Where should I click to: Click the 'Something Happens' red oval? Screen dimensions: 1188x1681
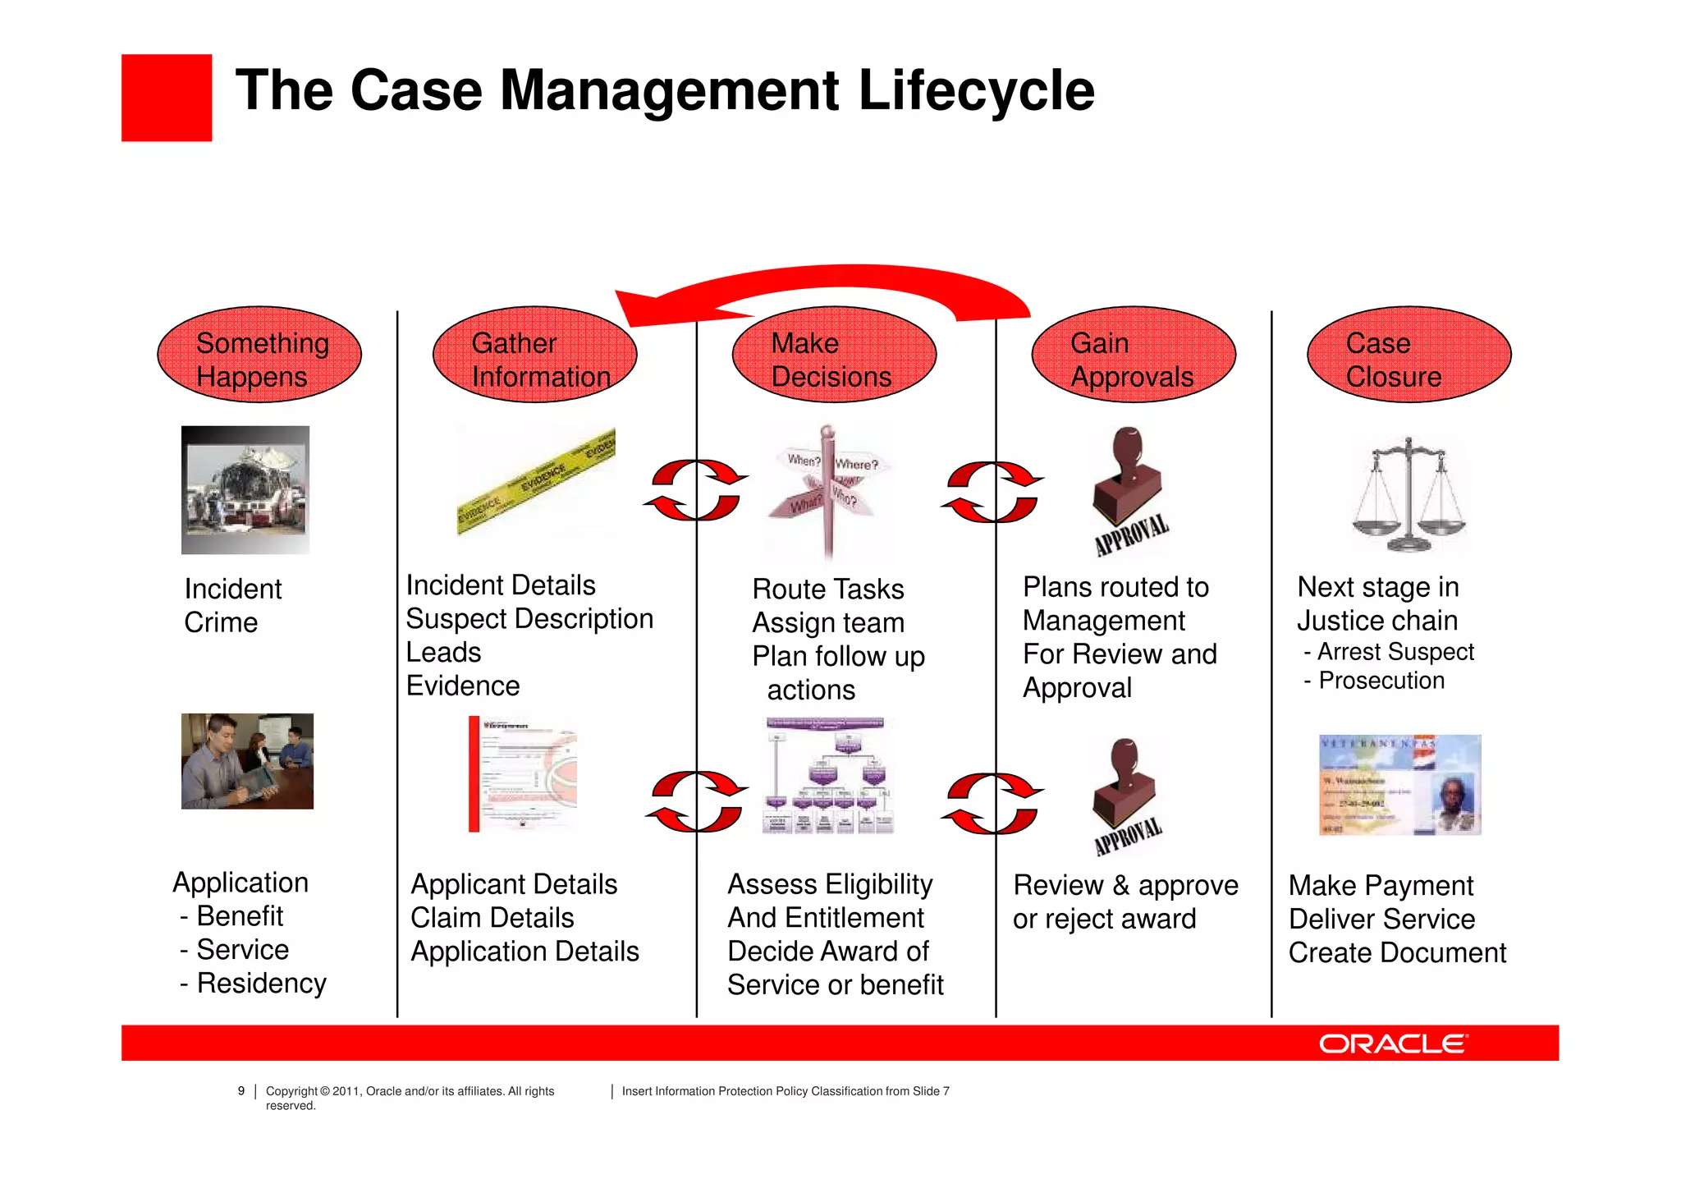[x=259, y=355]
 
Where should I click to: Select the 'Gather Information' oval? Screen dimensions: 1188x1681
[x=534, y=355]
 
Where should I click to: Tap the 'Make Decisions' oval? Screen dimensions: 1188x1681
[x=834, y=355]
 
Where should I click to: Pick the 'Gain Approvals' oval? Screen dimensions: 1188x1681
[x=1134, y=355]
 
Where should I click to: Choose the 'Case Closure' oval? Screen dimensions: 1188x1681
[x=1408, y=355]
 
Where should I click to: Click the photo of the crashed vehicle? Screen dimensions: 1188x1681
[x=245, y=489]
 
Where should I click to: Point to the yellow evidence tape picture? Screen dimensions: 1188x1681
[x=536, y=481]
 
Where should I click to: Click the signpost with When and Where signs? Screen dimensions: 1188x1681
[x=827, y=489]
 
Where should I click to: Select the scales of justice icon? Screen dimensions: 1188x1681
[x=1408, y=494]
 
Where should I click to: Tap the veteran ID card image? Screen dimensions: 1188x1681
[x=1399, y=785]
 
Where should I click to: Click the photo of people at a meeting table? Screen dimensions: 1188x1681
[x=247, y=761]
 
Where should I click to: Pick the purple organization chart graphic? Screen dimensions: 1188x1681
[x=827, y=776]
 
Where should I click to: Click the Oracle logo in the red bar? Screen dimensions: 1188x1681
[x=1393, y=1044]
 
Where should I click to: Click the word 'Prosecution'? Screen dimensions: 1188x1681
[x=1381, y=681]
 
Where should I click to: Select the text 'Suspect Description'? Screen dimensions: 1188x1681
[x=529, y=618]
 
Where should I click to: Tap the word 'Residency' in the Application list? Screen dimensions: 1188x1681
[x=261, y=983]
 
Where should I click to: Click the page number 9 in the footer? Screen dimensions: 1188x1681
[x=241, y=1091]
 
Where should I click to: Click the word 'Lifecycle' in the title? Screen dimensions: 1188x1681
[x=976, y=90]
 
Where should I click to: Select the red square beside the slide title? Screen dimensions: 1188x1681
[x=167, y=98]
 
